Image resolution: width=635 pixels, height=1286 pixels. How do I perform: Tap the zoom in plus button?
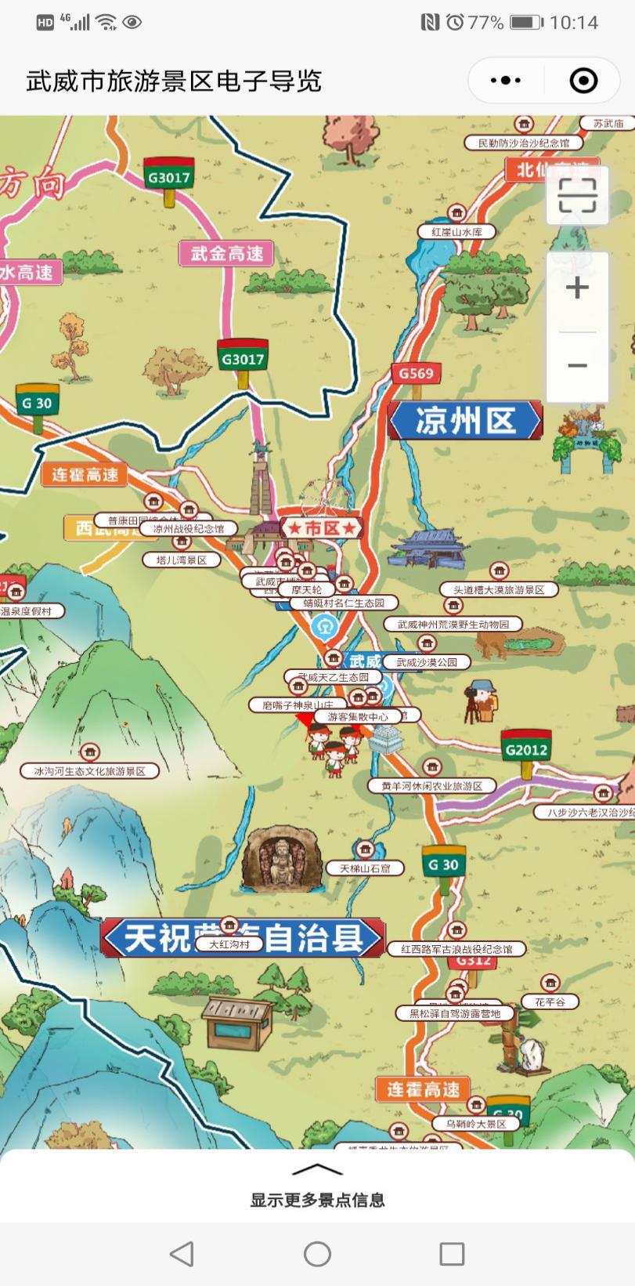pos(577,288)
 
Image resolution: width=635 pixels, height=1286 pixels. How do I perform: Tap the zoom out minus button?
pos(577,365)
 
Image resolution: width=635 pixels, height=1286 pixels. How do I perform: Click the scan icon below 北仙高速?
pos(577,196)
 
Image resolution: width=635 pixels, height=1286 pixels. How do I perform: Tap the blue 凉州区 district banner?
pos(464,421)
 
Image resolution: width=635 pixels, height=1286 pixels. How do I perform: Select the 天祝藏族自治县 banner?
pos(243,937)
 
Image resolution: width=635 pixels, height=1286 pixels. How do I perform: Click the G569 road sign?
pos(415,373)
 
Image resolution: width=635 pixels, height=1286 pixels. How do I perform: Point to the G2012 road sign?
pos(526,749)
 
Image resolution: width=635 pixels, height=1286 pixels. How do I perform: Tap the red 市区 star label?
pos(322,528)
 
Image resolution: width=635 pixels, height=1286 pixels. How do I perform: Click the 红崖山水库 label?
pos(456,232)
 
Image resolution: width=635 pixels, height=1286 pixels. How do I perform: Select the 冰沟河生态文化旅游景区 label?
pos(90,771)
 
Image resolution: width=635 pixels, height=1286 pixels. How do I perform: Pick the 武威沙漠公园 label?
pos(427,662)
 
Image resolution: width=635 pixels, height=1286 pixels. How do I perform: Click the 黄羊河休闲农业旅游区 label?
pos(431,786)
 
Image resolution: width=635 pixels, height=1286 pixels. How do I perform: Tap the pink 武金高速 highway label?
pos(226,253)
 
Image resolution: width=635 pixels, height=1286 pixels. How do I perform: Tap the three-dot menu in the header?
pos(506,81)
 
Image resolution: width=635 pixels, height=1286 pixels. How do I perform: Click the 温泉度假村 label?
pos(31,611)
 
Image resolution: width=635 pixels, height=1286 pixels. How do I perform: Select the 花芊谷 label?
pos(550,1002)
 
